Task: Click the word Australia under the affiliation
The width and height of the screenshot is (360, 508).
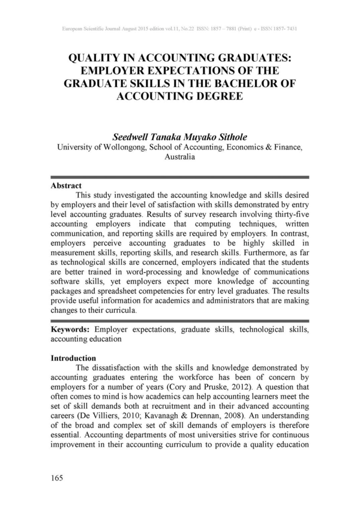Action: tap(180, 157)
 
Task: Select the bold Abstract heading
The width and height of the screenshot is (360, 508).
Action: tap(66, 186)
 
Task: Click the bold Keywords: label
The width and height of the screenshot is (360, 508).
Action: tap(71, 331)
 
